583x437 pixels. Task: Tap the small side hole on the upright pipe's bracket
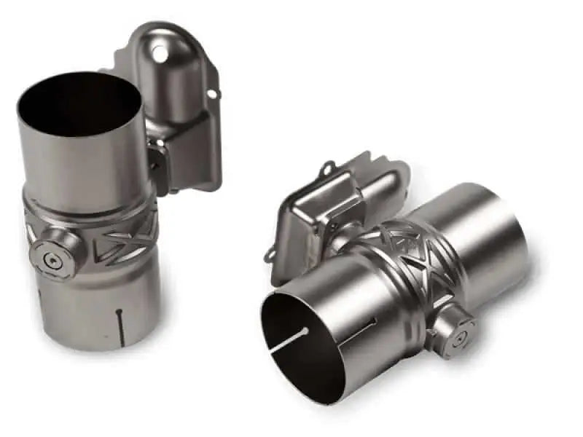tap(211, 92)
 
